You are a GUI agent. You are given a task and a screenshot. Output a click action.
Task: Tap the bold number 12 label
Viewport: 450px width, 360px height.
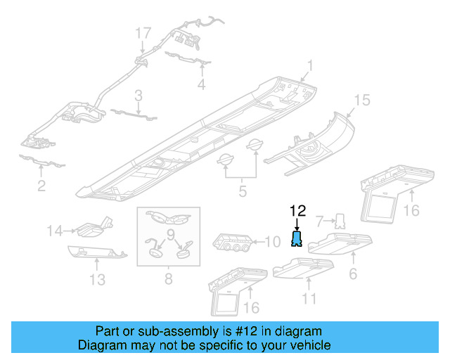click(297, 210)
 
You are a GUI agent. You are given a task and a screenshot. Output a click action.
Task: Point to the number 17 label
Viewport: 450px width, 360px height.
click(143, 32)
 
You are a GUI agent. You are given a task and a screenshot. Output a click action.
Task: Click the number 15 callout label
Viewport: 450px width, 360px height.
click(361, 101)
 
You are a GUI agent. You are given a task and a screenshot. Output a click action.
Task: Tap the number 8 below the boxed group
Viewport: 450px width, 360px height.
click(168, 279)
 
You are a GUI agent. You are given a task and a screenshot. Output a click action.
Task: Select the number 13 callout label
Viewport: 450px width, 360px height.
click(98, 279)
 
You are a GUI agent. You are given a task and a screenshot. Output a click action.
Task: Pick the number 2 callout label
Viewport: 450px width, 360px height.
click(41, 186)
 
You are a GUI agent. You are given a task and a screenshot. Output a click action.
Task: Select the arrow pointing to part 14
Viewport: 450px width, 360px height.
click(70, 229)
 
